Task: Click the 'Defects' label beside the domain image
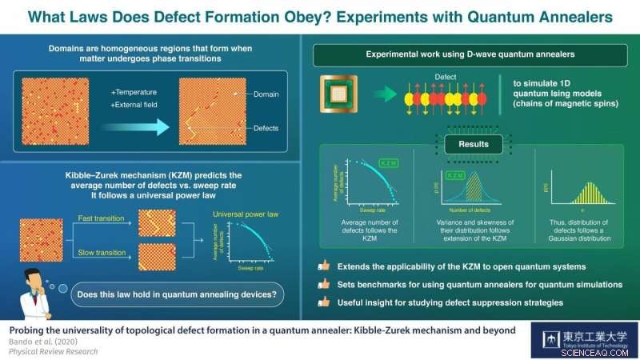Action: [266, 126]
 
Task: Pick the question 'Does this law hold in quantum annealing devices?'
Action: [176, 295]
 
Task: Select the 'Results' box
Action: [468, 145]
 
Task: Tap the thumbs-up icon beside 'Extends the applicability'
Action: [324, 265]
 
